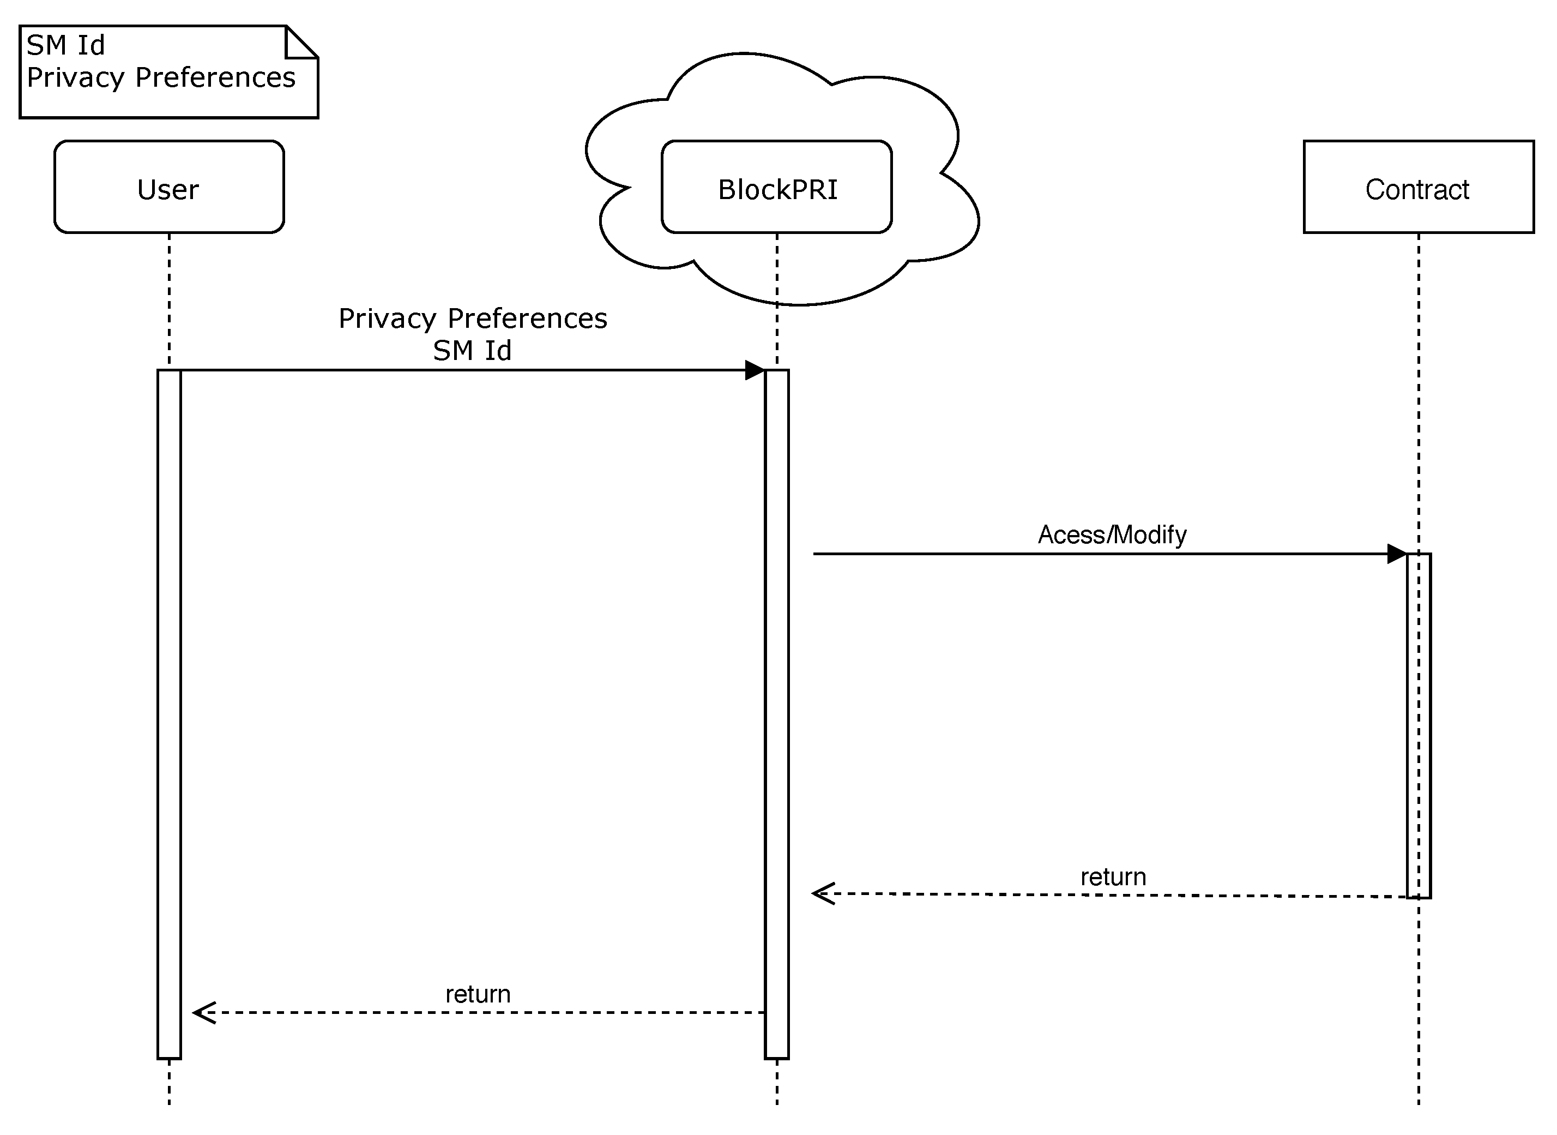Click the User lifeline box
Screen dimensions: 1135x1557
[169, 187]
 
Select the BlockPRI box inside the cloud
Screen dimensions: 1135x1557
[777, 188]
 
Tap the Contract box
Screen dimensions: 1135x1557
[1419, 188]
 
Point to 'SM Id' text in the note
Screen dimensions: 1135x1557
[66, 45]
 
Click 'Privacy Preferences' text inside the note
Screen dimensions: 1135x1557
[161, 77]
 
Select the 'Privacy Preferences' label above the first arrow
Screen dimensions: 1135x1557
[473, 319]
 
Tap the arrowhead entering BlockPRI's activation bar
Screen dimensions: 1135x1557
[756, 370]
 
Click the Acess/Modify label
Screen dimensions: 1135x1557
[1112, 535]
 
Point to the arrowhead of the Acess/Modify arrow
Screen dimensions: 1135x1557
[1397, 554]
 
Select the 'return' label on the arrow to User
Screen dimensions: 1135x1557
[478, 995]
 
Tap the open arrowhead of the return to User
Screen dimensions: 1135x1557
[203, 1013]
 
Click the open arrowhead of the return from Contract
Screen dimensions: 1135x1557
[822, 894]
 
